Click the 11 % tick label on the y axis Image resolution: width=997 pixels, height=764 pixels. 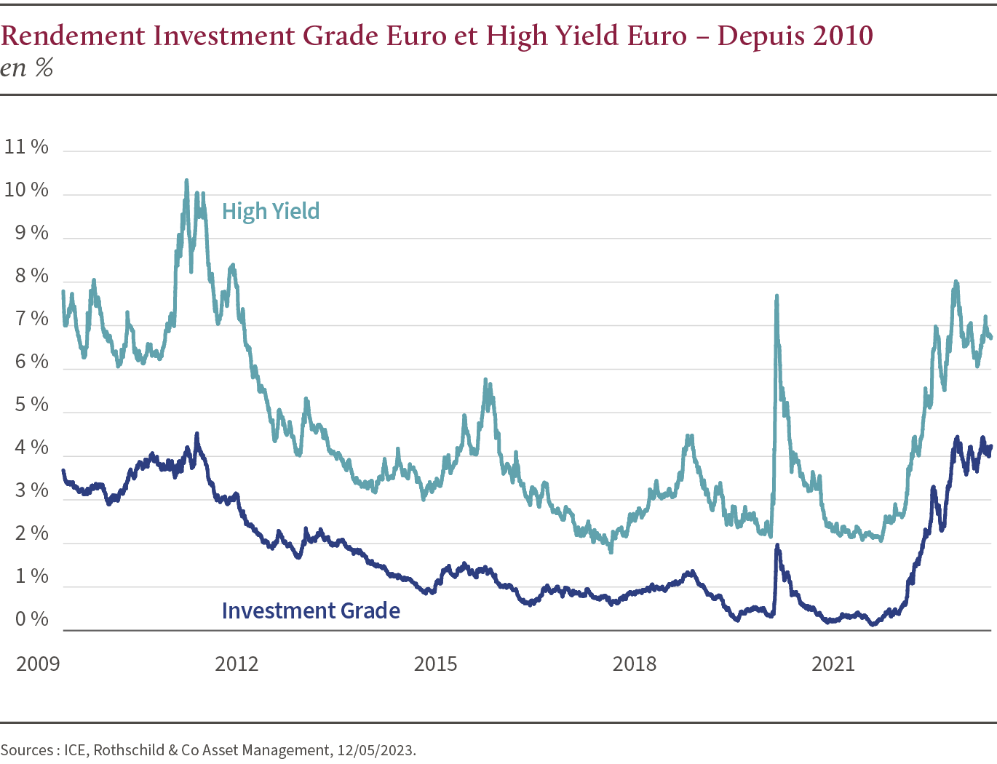pyautogui.click(x=26, y=147)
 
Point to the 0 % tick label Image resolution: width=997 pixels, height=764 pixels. pyautogui.click(x=31, y=619)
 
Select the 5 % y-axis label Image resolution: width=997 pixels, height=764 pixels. pyautogui.click(x=31, y=405)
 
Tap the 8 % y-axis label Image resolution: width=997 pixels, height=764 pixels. pyautogui.click(x=31, y=276)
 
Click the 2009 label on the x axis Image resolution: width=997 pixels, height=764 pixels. pyautogui.click(x=38, y=664)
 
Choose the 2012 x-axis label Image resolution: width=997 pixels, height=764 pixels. pyautogui.click(x=237, y=664)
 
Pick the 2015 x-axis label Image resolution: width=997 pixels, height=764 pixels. pyautogui.click(x=435, y=664)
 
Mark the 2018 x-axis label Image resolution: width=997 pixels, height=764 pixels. pyautogui.click(x=634, y=664)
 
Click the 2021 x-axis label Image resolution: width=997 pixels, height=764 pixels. pyautogui.click(x=833, y=664)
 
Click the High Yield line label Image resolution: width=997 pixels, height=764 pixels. pyautogui.click(x=271, y=212)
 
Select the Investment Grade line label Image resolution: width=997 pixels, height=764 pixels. pyautogui.click(x=311, y=610)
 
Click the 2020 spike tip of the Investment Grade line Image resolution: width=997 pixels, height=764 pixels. pyautogui.click(x=777, y=545)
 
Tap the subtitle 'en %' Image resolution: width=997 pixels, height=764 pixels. pyautogui.click(x=27, y=68)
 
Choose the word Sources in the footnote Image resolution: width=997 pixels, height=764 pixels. pyautogui.click(x=26, y=750)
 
